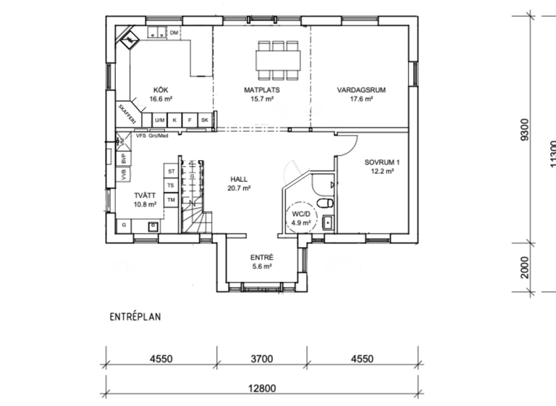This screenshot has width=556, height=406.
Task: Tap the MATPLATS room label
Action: point(261,90)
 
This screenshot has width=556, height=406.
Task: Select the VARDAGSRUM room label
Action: point(360,90)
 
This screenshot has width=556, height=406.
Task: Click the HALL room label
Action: point(240,178)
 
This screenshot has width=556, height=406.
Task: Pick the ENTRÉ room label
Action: point(261,257)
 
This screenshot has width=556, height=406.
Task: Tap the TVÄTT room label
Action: point(144,196)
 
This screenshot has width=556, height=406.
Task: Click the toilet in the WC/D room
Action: point(327,203)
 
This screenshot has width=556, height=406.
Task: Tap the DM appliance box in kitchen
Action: point(174,33)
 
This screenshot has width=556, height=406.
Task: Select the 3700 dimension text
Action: point(261,358)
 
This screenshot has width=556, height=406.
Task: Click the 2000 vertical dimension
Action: point(525,267)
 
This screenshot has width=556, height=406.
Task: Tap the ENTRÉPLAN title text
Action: point(135,317)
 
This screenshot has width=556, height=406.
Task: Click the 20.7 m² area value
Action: point(240,188)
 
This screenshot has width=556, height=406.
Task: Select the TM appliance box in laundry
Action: point(171,199)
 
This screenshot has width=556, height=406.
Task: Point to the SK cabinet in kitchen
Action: point(205,120)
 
